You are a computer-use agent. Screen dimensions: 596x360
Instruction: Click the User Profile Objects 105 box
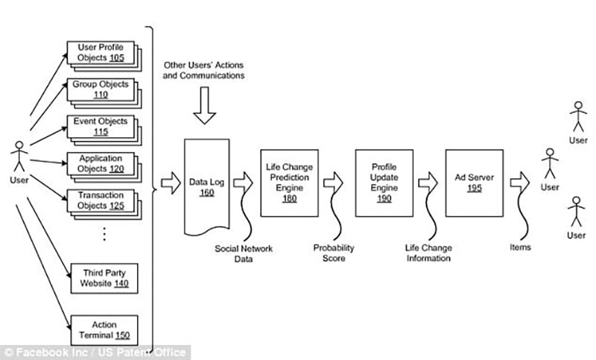[101, 52]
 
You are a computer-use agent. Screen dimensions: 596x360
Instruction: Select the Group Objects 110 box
[101, 89]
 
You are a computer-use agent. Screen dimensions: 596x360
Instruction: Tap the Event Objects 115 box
[101, 127]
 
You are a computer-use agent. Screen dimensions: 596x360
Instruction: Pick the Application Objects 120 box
[101, 163]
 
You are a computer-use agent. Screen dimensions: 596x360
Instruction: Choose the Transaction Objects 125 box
[101, 200]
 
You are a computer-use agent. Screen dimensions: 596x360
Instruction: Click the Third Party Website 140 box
[104, 278]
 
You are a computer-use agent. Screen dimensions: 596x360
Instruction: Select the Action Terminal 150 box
[104, 330]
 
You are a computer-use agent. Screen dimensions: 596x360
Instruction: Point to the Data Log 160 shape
[207, 186]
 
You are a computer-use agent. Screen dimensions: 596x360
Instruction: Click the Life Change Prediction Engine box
[289, 183]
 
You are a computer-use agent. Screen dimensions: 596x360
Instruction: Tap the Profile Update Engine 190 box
[384, 183]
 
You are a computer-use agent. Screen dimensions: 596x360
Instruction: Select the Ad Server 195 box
[475, 183]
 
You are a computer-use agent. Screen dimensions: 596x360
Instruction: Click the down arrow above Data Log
[204, 105]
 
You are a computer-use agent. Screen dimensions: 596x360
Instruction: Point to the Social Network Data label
[244, 253]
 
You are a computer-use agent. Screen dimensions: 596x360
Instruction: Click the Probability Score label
[334, 253]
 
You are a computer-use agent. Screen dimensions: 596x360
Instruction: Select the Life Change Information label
[428, 253]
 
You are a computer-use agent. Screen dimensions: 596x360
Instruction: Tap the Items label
[520, 247]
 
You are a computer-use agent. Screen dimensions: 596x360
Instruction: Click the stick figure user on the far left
[19, 157]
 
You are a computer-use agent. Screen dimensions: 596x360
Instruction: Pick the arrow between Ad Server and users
[519, 183]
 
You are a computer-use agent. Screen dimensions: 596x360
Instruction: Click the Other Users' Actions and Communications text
[203, 70]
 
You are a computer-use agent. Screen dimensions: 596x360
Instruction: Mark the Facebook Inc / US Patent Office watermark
[95, 353]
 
